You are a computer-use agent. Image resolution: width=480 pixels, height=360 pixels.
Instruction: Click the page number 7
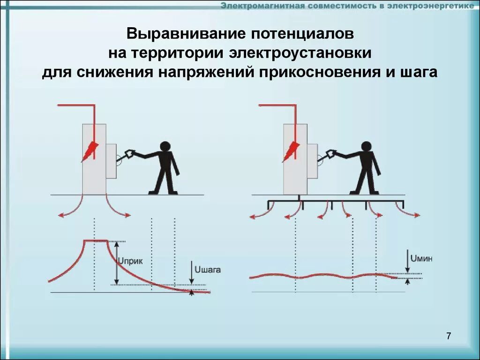point(449,336)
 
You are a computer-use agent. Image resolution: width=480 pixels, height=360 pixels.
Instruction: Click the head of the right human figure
point(366,146)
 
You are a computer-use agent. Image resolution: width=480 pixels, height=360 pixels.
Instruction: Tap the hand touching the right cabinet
point(330,153)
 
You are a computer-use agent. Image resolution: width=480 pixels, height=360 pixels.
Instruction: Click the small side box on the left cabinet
point(112,161)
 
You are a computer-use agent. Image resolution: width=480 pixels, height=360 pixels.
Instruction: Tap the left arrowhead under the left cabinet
point(60,215)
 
